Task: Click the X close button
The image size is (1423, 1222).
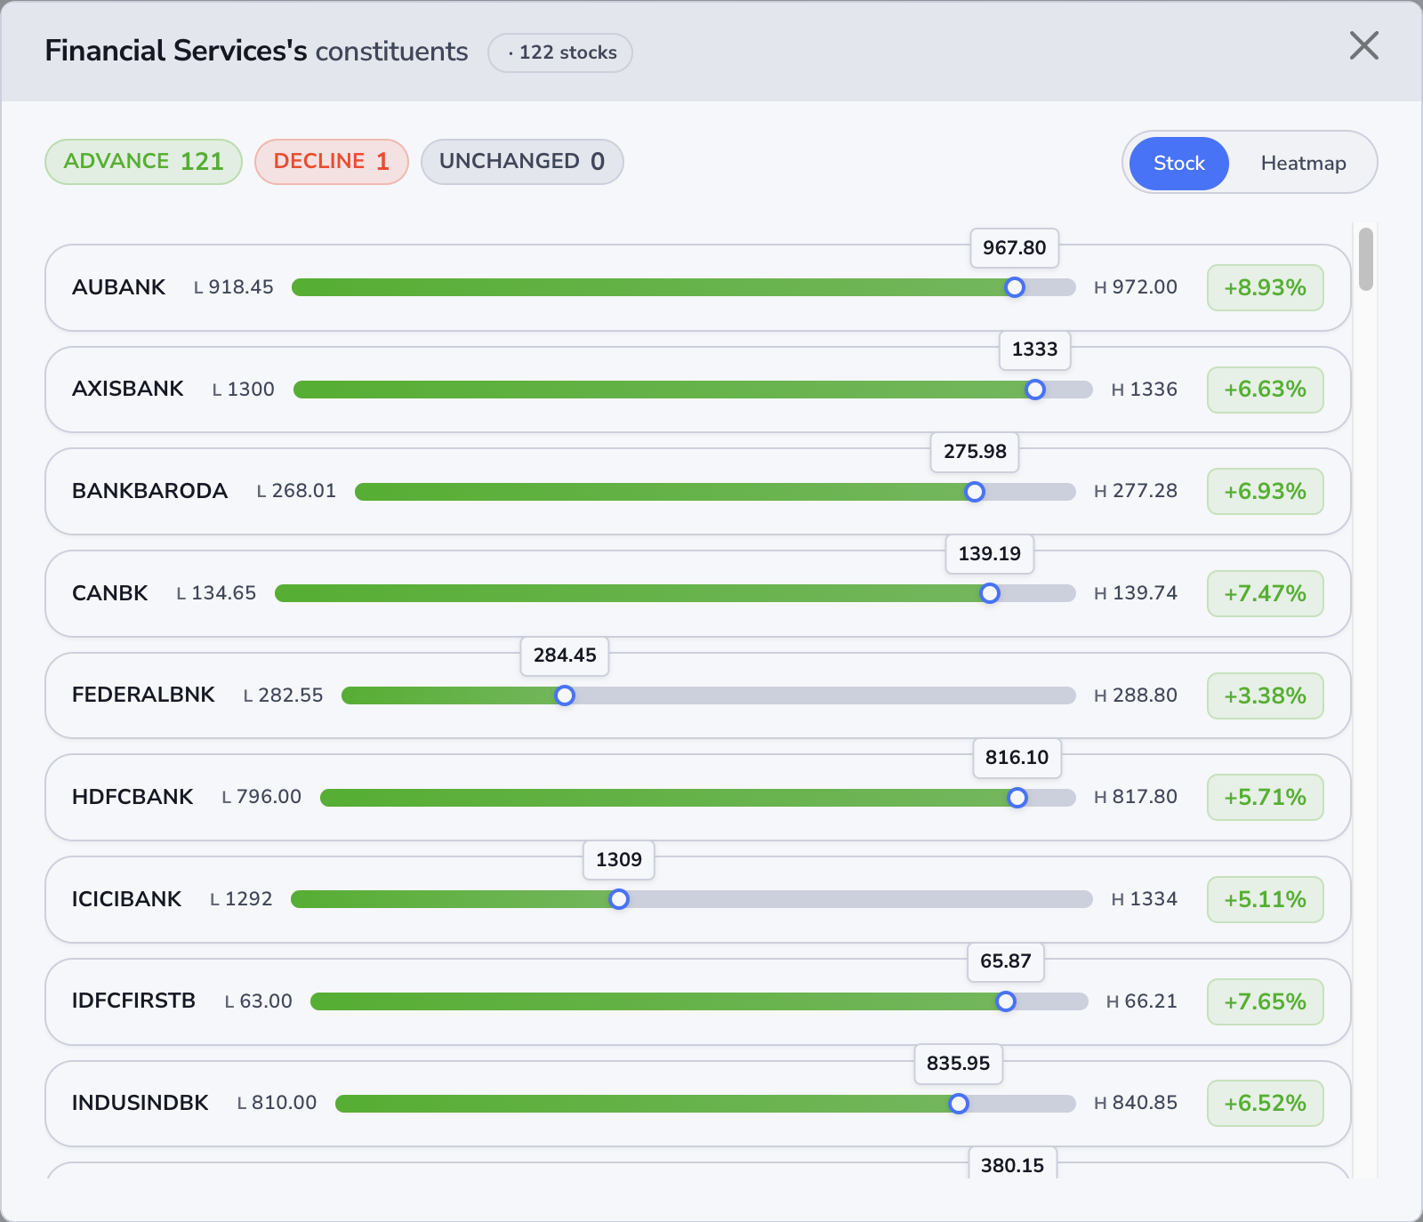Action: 1363,45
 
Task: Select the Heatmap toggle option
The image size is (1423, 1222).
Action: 1303,163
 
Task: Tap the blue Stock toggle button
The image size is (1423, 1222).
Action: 1178,163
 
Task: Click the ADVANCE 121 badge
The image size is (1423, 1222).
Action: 143,161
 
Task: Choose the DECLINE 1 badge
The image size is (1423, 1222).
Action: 331,161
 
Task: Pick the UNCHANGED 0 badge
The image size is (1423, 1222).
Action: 521,161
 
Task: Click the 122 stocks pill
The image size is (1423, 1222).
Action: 560,52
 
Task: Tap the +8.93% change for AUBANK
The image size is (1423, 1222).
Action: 1265,287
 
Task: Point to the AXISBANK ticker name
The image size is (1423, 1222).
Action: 127,389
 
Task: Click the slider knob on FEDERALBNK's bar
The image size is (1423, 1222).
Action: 565,695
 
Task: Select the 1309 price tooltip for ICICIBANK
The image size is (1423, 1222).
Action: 618,859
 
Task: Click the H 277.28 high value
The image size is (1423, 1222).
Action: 1135,491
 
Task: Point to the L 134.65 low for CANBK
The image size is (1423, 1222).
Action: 216,593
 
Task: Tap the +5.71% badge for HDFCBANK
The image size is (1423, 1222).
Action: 1265,797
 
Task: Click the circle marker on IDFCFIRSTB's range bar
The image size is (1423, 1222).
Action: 1006,1001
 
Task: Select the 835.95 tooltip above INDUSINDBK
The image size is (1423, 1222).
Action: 958,1063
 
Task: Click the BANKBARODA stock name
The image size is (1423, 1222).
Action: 149,491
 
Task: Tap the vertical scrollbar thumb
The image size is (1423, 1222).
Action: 1366,259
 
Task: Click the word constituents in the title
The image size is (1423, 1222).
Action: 391,52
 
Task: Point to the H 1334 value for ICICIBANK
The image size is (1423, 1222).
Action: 1144,899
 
